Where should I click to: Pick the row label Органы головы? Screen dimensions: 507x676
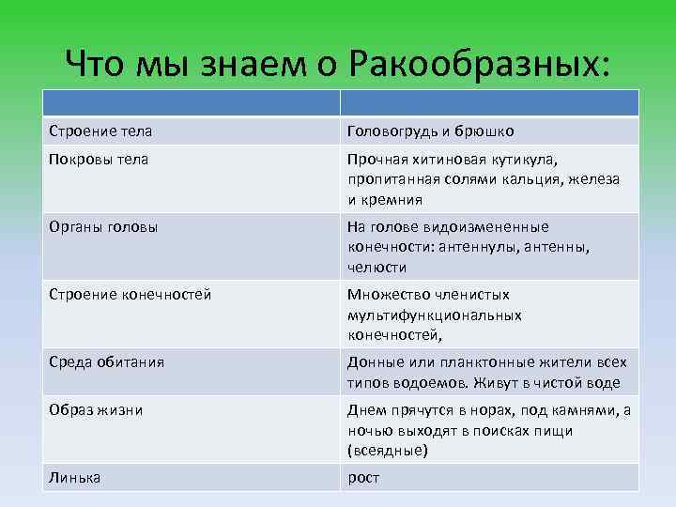pyautogui.click(x=102, y=226)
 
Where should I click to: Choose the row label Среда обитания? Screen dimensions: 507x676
pyautogui.click(x=107, y=361)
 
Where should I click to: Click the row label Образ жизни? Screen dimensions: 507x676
pyautogui.click(x=97, y=409)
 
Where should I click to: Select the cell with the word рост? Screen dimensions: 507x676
pyautogui.click(x=363, y=477)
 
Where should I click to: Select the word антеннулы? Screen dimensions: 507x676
pyautogui.click(x=473, y=247)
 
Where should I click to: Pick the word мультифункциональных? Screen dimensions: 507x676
pyautogui.click(x=434, y=315)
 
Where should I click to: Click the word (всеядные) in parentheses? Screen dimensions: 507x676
pyautogui.click(x=387, y=450)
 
